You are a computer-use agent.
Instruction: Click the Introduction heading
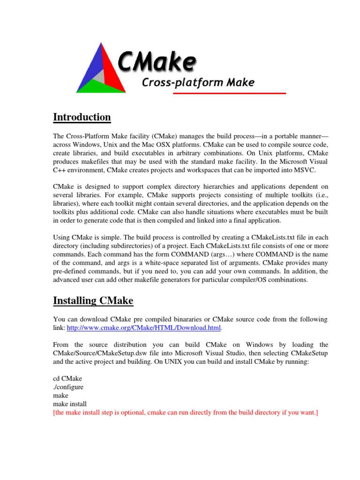pos(82,117)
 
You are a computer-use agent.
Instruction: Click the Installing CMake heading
pos(93,300)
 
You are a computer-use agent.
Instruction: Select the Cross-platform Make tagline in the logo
pos(198,83)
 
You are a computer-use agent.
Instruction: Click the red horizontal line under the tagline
pos(230,94)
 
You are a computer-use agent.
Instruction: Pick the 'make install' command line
pos(70,404)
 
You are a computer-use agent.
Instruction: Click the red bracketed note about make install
pos(186,412)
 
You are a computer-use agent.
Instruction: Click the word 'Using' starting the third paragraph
pos(62,238)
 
